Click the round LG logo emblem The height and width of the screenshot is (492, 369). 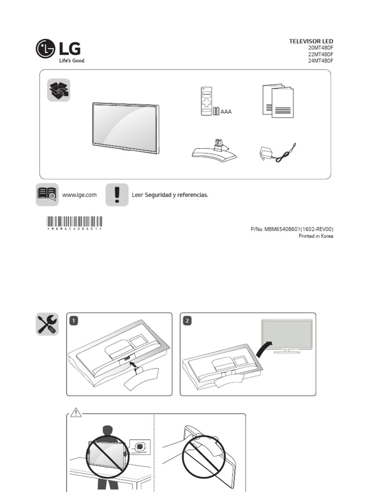pos(45,49)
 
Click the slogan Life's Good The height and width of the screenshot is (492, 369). pos(72,61)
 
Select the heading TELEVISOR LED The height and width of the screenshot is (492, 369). pos(310,41)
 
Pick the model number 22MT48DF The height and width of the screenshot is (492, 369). pos(320,55)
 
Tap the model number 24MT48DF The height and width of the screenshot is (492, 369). pos(320,61)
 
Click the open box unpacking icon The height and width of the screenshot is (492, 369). pos(59,90)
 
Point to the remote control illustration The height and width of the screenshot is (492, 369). pos(207,101)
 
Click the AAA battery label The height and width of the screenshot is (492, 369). pos(226,111)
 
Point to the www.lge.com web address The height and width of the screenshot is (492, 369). pos(79,195)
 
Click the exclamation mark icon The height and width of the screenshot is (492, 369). pos(117,195)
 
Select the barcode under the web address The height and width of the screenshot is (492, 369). pos(74,221)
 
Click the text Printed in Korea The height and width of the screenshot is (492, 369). pos(316,236)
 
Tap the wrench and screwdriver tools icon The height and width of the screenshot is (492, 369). pos(47,324)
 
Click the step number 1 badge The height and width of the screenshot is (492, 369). pos(73,320)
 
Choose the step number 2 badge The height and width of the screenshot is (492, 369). pos(187,320)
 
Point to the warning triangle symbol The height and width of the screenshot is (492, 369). pos(75,412)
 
